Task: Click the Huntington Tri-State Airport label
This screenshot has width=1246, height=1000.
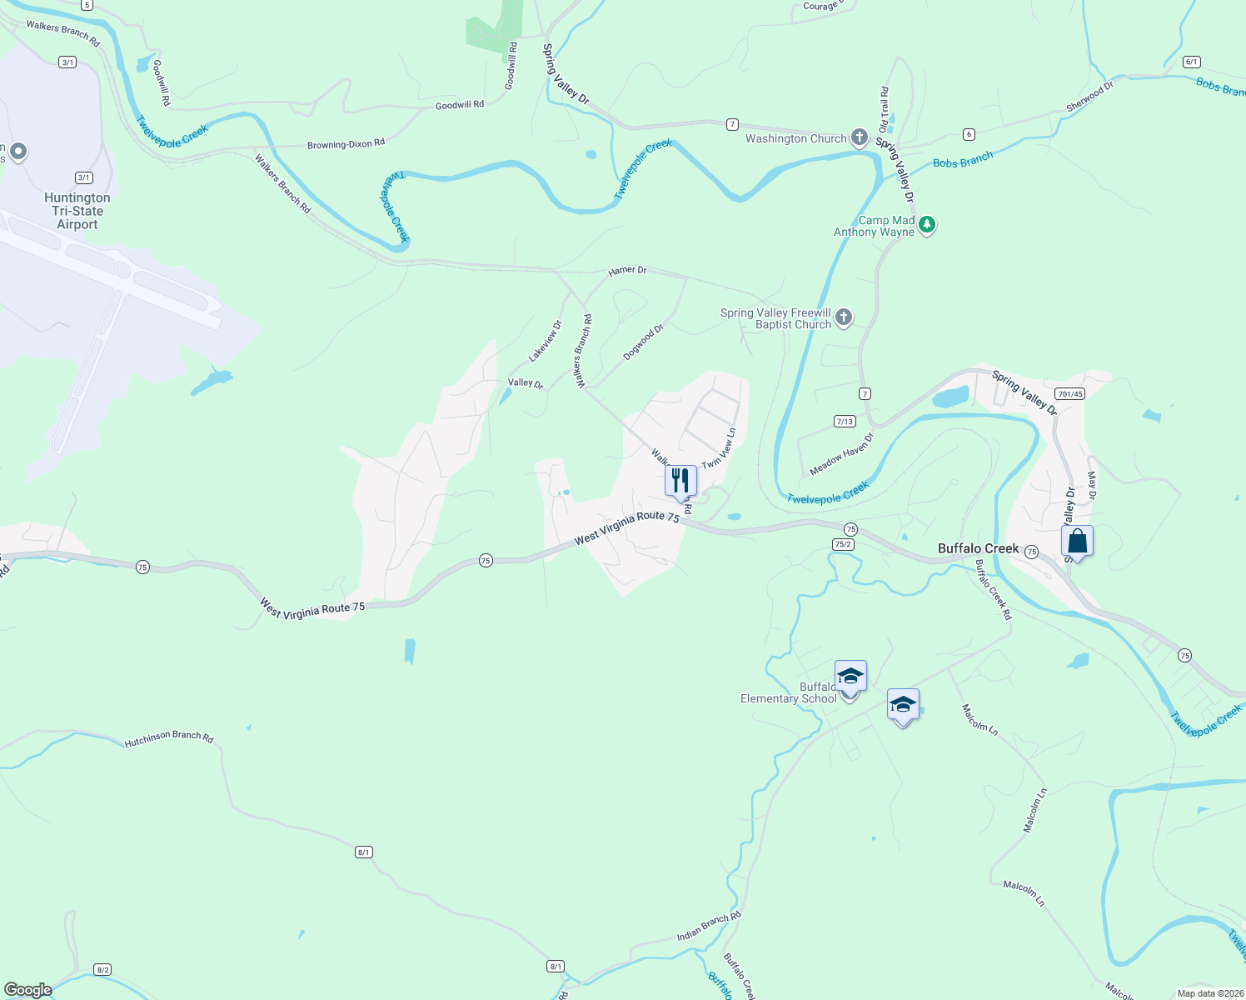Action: (x=77, y=211)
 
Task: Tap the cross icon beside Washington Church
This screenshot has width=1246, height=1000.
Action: (x=860, y=137)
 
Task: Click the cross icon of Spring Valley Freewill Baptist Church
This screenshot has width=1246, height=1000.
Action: (x=844, y=317)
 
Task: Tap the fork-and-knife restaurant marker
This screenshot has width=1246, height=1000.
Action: (x=680, y=481)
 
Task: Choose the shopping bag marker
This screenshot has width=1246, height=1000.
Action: (x=1077, y=542)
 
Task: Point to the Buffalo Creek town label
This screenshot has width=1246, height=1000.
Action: (x=978, y=548)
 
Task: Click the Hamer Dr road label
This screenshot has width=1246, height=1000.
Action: (x=627, y=271)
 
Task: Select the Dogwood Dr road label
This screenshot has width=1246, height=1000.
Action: (x=643, y=342)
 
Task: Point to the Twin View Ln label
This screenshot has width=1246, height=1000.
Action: (x=719, y=448)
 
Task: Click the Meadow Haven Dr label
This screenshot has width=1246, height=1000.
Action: (x=842, y=454)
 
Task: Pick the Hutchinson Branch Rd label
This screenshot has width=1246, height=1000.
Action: (x=169, y=738)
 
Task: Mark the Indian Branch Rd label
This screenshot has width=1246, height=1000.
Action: (x=709, y=926)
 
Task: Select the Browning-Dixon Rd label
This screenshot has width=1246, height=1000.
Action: (x=346, y=144)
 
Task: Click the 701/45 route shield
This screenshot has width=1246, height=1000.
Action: (x=1069, y=394)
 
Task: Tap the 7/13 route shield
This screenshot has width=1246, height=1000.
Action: (x=845, y=422)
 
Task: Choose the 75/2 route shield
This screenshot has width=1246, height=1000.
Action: (x=843, y=544)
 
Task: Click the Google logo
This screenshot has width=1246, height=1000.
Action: (x=27, y=990)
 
